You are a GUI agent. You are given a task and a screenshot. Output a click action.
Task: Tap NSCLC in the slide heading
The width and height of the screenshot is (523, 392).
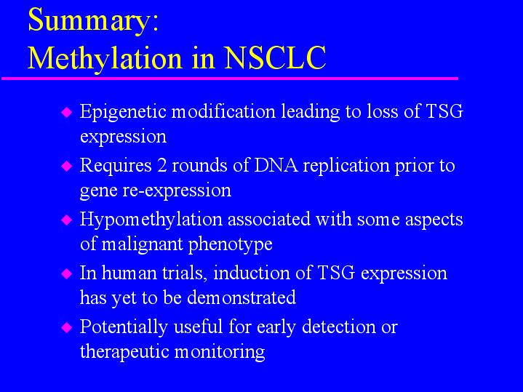(275, 57)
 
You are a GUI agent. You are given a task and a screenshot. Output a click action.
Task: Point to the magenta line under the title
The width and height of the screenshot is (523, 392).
(230, 79)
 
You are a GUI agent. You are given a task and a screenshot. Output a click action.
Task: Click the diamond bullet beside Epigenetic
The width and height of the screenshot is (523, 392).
(67, 112)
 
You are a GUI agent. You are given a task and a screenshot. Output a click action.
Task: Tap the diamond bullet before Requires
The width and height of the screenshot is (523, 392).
(67, 166)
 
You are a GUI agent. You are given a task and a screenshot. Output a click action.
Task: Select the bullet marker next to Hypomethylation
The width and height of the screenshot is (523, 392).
(67, 220)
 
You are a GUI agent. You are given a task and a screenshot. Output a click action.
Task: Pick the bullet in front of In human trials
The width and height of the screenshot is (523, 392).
(67, 274)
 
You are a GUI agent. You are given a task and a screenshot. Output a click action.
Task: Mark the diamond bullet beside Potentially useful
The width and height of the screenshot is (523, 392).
(67, 327)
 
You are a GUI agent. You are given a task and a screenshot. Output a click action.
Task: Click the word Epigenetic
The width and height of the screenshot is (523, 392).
(123, 113)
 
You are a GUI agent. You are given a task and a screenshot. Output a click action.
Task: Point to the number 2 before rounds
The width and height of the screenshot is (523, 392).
(162, 166)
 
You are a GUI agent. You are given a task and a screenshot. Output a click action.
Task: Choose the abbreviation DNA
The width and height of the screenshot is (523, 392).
(276, 165)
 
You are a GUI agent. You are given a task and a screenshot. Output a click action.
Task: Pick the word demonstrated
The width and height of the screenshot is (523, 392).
(241, 297)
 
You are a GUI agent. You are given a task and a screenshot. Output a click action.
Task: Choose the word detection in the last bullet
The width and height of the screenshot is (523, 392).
(338, 327)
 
